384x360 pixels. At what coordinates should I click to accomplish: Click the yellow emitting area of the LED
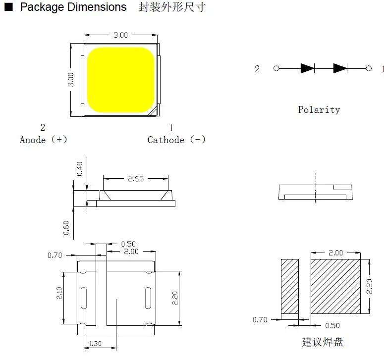(x=120, y=79)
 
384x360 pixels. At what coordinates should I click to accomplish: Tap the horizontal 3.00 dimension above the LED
(x=120, y=35)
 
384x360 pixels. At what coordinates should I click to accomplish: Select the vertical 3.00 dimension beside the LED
(x=71, y=80)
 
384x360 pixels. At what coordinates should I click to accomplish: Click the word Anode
(x=33, y=140)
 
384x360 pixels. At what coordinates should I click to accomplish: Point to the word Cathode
(x=165, y=140)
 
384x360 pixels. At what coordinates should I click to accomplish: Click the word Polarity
(x=319, y=110)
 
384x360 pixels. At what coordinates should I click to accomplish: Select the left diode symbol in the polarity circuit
(x=307, y=68)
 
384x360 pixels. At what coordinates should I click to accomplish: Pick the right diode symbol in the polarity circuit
(x=340, y=68)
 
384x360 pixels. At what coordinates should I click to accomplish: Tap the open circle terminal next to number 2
(x=276, y=68)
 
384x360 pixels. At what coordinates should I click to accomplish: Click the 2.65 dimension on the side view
(x=135, y=179)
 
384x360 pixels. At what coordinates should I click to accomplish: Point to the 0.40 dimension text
(x=80, y=169)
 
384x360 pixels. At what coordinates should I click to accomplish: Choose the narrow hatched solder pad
(x=290, y=286)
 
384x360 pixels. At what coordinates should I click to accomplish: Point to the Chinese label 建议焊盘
(x=322, y=342)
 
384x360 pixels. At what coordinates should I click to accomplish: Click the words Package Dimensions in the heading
(x=73, y=7)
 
